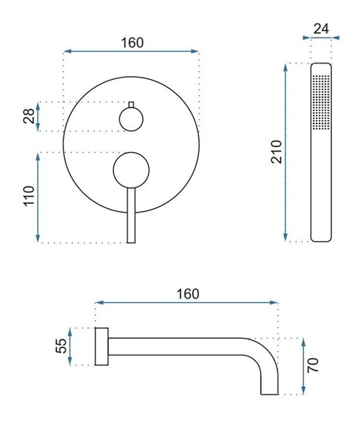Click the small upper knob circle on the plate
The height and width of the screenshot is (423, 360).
pos(131,118)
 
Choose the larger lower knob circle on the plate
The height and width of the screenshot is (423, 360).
pos(131,171)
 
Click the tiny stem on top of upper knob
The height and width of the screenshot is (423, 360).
pos(131,103)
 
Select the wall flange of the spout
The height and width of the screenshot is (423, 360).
pos(102,347)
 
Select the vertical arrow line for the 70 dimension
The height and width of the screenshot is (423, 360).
pos(303,366)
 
